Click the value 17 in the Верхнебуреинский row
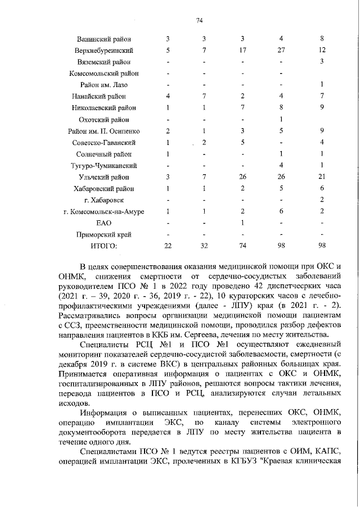pyautogui.click(x=242, y=51)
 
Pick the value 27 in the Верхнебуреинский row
pyautogui.click(x=280, y=51)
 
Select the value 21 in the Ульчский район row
pyautogui.click(x=321, y=177)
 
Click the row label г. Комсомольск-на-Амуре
pyautogui.click(x=104, y=212)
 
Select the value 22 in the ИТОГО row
pyautogui.click(x=168, y=246)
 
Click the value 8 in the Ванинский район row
pyautogui.click(x=321, y=39)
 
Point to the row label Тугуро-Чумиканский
pyautogui.click(x=104, y=166)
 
